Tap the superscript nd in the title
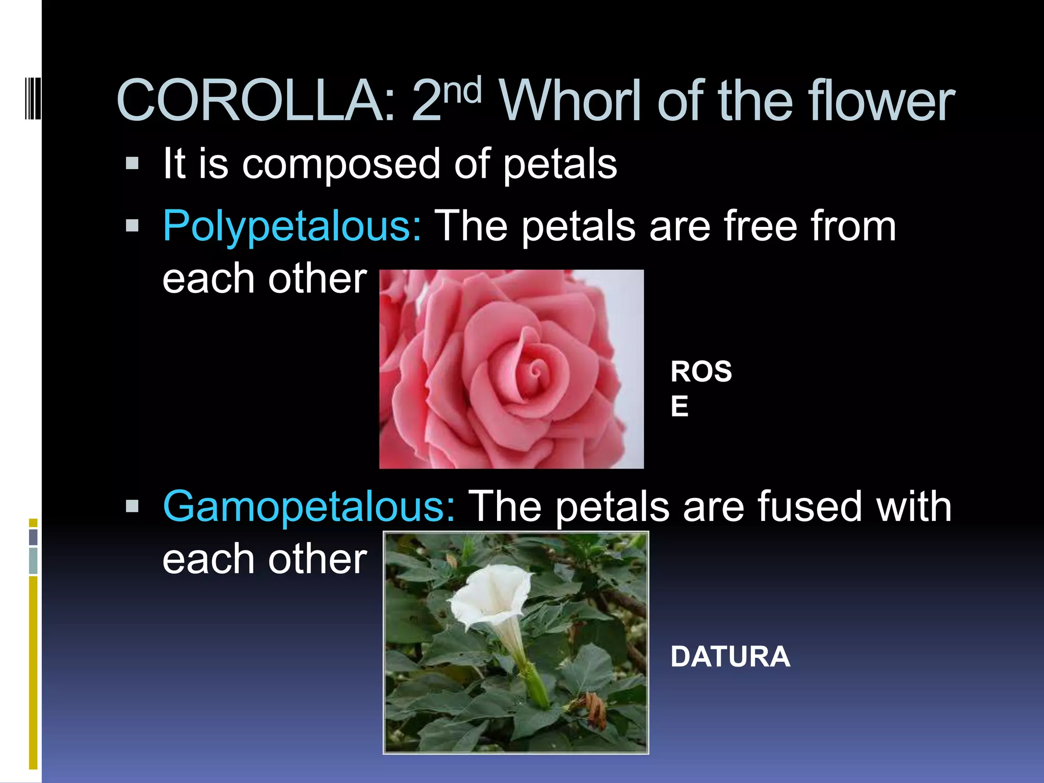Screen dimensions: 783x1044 pyautogui.click(x=462, y=90)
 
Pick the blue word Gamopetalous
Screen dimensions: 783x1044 pyautogui.click(x=308, y=506)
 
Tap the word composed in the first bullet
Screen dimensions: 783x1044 pyautogui.click(x=341, y=164)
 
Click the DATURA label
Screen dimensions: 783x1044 pyautogui.click(x=730, y=657)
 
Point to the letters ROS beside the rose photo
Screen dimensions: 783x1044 pyautogui.click(x=701, y=371)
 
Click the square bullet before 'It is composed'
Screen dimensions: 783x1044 pyautogui.click(x=132, y=164)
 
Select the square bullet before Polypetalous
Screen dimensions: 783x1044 pyautogui.click(x=132, y=226)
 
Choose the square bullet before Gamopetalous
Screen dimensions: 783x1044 pyautogui.click(x=132, y=506)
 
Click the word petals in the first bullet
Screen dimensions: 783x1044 pyautogui.click(x=560, y=164)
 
